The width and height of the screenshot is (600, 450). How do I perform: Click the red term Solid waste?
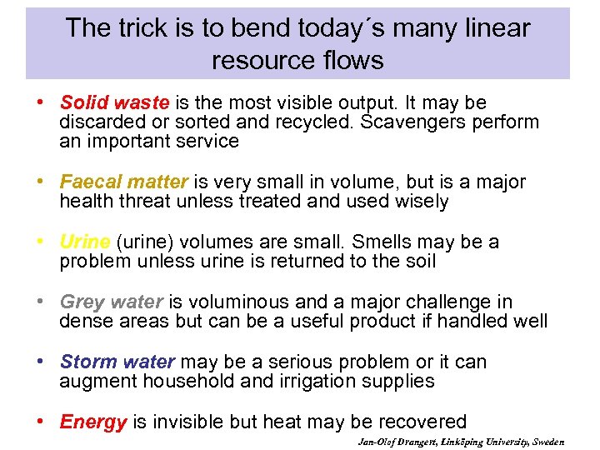pos(114,102)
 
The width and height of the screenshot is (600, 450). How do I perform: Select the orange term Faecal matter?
pos(124,182)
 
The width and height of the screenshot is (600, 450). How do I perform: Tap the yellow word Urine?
pos(85,242)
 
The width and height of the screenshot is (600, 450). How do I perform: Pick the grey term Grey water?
pos(112,302)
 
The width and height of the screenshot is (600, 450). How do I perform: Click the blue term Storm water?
pos(117,362)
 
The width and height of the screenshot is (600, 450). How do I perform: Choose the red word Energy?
pos(93,422)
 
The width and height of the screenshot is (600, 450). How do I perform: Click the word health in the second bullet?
pos(86,201)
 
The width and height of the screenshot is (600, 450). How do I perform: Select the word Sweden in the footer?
pos(547,442)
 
